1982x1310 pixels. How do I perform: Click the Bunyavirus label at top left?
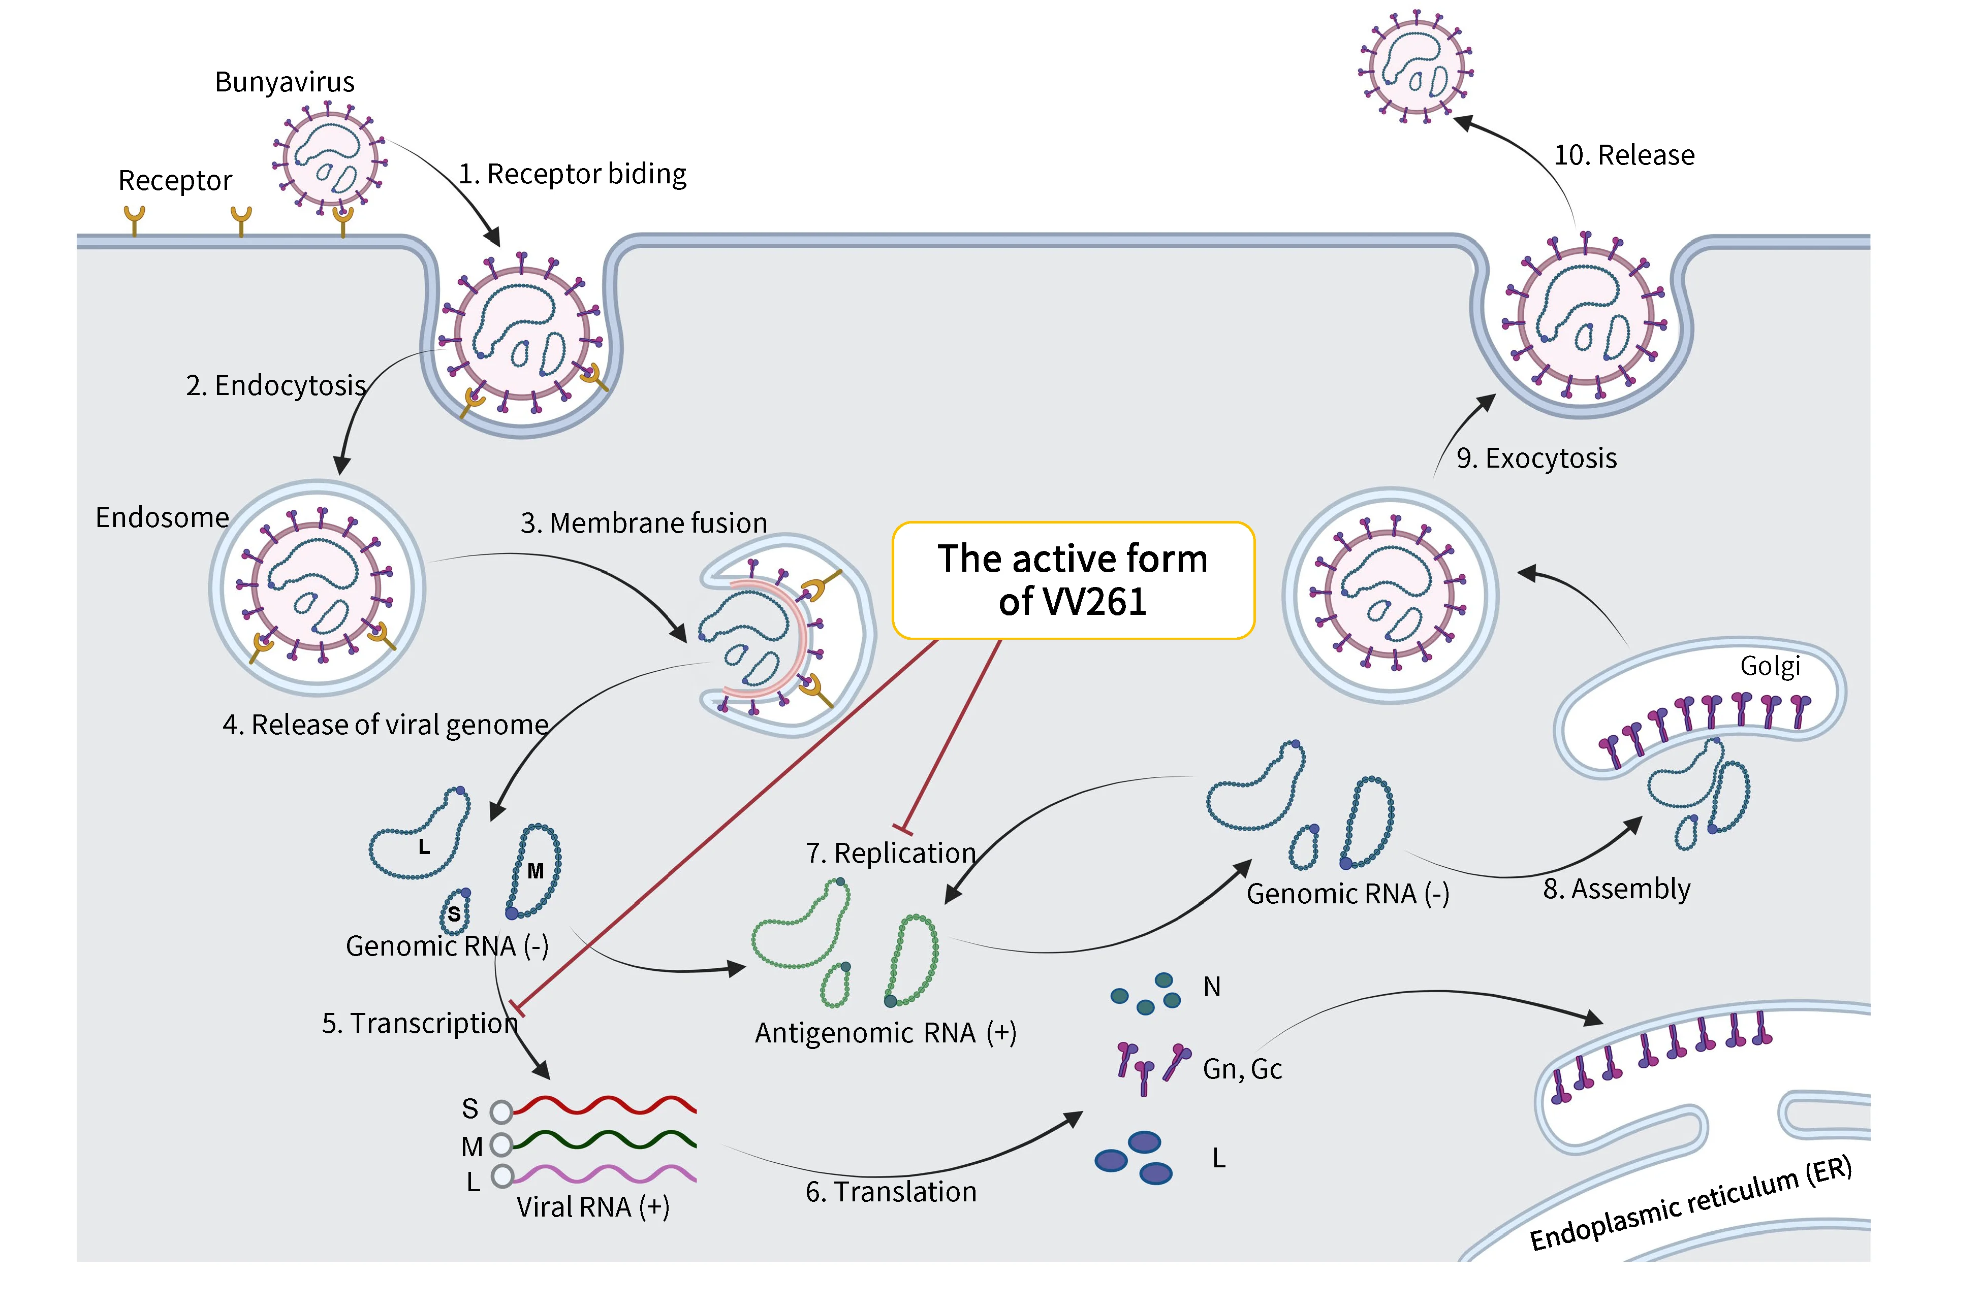[284, 82]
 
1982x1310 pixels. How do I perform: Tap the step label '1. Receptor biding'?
[573, 174]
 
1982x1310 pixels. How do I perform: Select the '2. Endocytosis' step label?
[276, 385]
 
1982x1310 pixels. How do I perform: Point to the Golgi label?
[1770, 666]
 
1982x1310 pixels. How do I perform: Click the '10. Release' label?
[1623, 155]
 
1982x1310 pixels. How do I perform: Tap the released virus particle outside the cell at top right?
[1415, 68]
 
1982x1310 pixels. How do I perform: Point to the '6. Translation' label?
[891, 1191]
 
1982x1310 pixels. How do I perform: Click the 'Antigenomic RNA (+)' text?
[885, 1033]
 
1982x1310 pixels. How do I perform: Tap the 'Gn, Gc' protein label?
[1242, 1069]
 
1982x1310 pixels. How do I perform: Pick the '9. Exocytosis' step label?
[1536, 458]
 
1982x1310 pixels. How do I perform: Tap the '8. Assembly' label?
[1616, 889]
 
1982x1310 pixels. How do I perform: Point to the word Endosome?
[162, 518]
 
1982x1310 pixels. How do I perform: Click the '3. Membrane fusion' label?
[644, 523]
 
